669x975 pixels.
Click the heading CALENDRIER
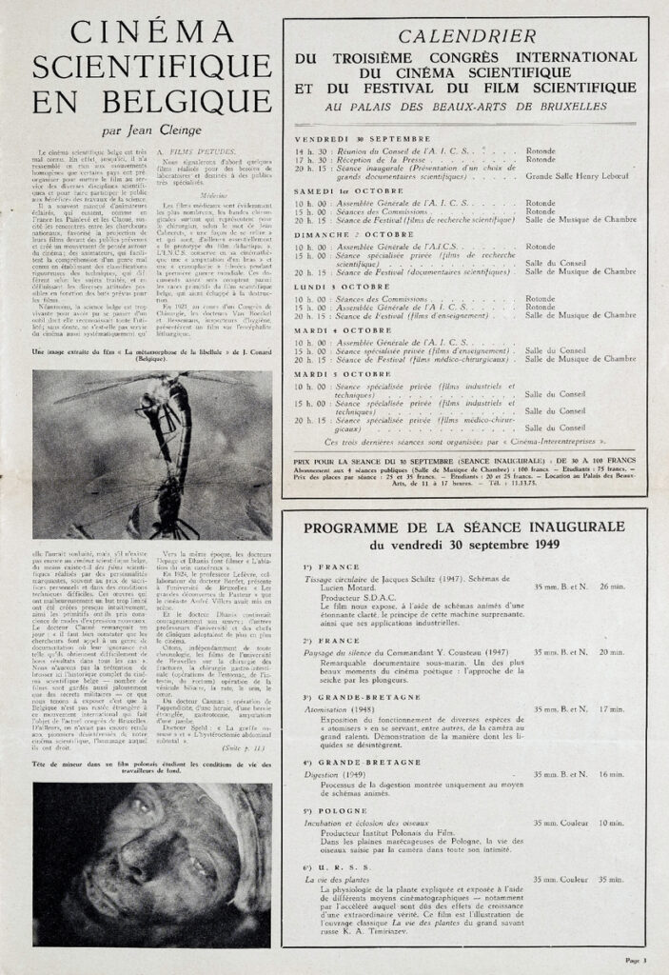[464, 37]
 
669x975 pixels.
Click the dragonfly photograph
[151, 454]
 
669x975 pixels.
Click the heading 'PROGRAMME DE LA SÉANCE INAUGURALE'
[463, 527]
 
